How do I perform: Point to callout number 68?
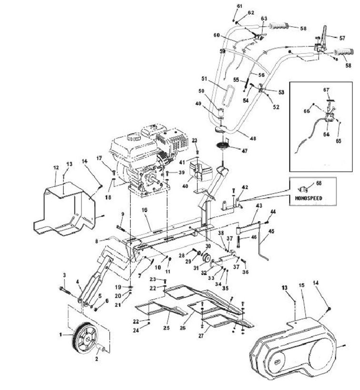[x=319, y=182]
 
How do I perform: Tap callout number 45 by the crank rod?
[x=272, y=232]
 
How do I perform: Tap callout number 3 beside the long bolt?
[x=64, y=275]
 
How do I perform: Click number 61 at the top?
[x=240, y=5]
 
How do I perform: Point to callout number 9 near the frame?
[x=122, y=213]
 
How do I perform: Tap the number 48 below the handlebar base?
[x=253, y=139]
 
